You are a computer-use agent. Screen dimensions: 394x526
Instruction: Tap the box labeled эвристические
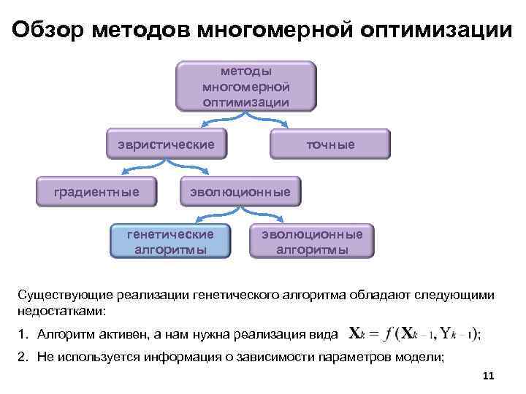tap(165, 144)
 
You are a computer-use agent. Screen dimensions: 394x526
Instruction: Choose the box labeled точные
tap(330, 144)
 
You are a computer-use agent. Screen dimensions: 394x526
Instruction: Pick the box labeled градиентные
tap(97, 192)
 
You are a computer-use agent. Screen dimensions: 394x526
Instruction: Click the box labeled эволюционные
tap(240, 192)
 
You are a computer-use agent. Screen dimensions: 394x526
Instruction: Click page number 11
tap(489, 376)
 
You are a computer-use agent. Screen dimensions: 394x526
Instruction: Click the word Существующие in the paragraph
tap(63, 295)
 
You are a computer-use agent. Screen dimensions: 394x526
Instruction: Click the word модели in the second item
tap(424, 356)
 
